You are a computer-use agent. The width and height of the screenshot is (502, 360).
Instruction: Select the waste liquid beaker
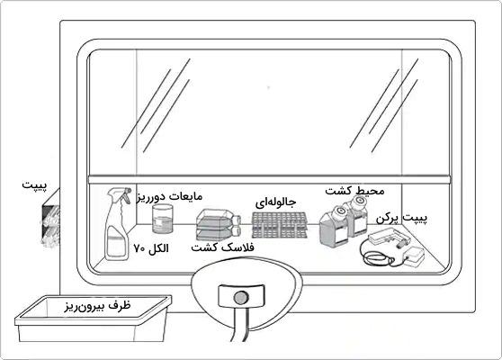click(x=163, y=219)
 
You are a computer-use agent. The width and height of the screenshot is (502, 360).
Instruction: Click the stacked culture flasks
click(x=218, y=224)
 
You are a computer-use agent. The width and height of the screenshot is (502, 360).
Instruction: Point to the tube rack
click(x=279, y=225)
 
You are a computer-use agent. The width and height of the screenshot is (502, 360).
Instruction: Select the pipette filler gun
click(x=388, y=238)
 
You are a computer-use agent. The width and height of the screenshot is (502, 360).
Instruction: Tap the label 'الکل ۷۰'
click(x=151, y=248)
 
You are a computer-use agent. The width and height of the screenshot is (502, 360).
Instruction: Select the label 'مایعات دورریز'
click(x=170, y=196)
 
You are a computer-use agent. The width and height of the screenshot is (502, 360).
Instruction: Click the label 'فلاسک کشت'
click(x=222, y=247)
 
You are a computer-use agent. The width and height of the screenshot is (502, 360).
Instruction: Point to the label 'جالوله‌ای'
click(x=275, y=202)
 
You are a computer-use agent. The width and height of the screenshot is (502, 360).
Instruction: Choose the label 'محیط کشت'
click(x=354, y=191)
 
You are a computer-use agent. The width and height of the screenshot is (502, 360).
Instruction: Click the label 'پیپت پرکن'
click(x=401, y=219)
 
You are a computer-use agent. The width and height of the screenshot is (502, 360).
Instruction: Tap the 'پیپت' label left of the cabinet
click(x=34, y=185)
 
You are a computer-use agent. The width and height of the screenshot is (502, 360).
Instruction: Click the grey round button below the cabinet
click(x=241, y=298)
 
